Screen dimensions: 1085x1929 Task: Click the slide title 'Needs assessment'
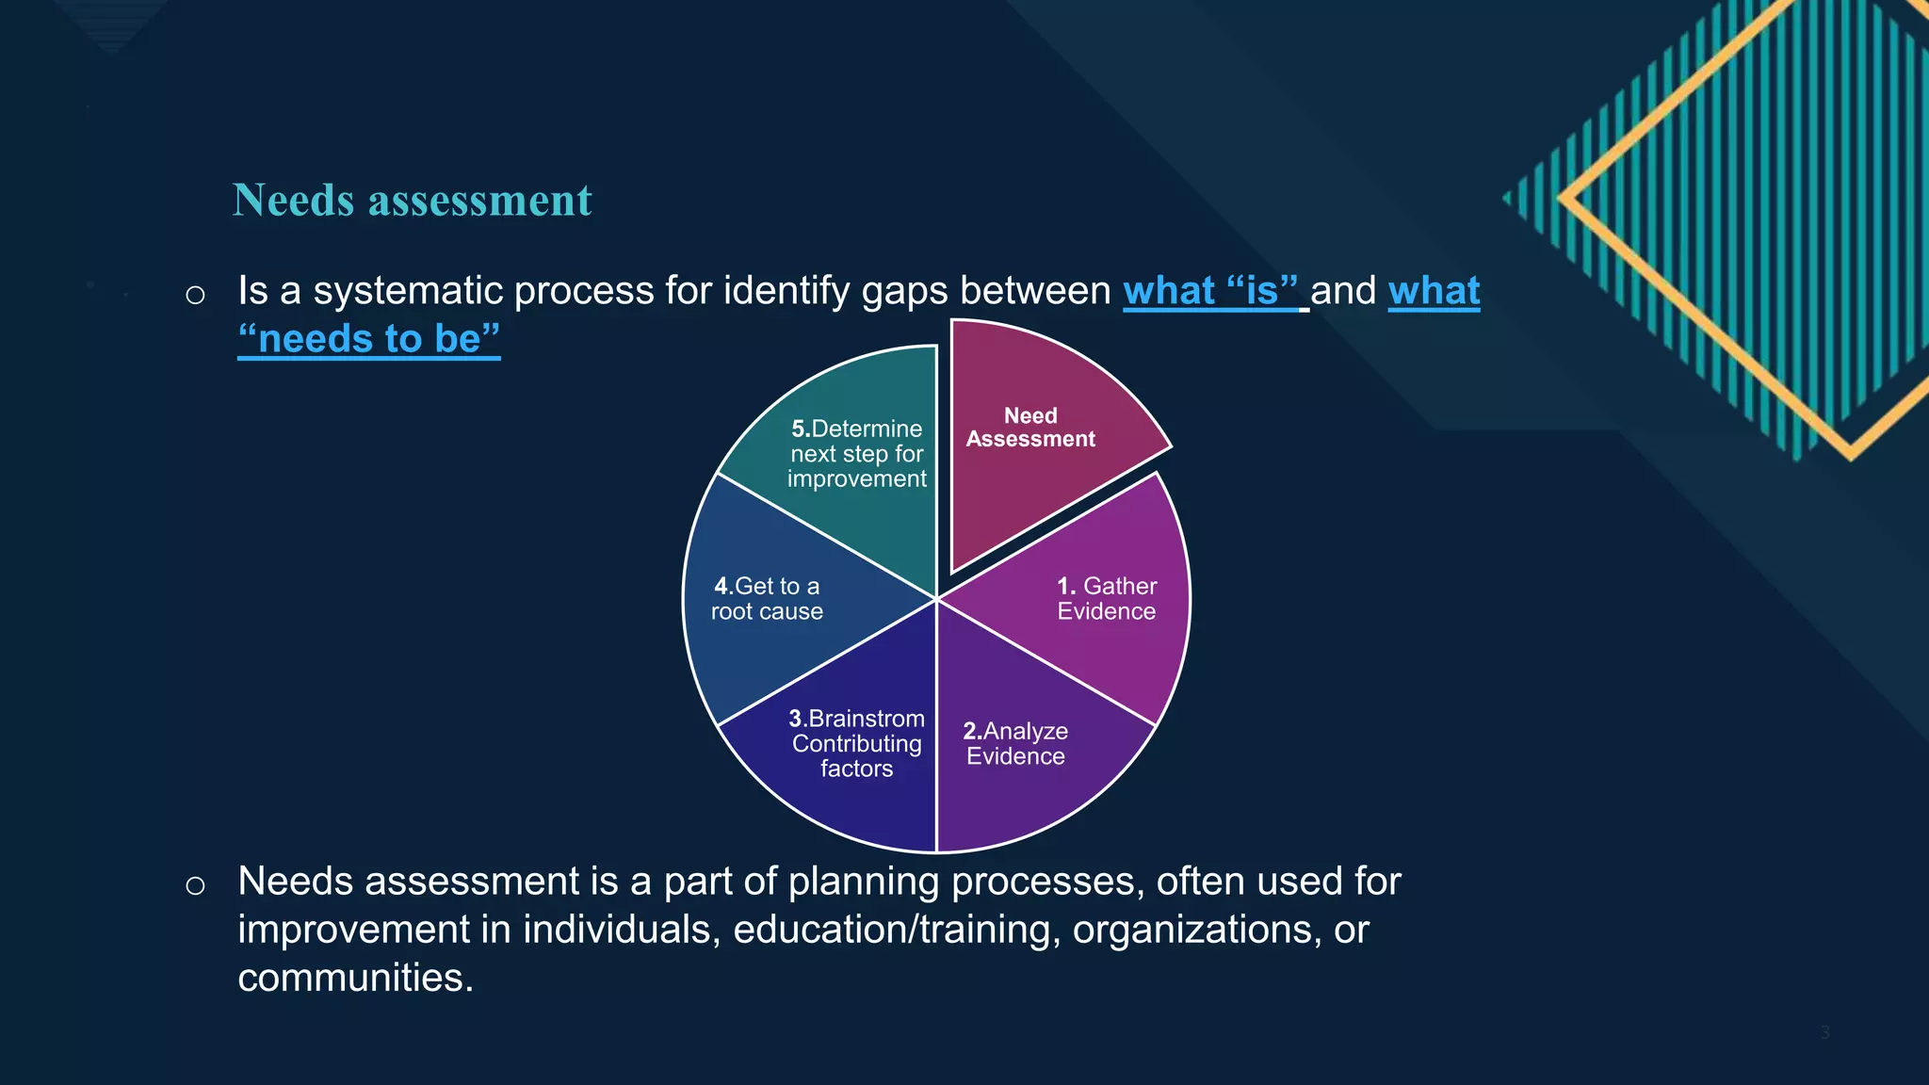pyautogui.click(x=412, y=200)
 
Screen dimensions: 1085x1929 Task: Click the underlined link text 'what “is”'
pyautogui.click(x=1210, y=291)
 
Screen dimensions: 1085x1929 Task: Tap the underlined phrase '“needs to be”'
pyautogui.click(x=369, y=339)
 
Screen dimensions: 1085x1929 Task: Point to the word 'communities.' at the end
pyautogui.click(x=355, y=978)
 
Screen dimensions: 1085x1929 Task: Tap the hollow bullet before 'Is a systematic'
pyautogui.click(x=195, y=296)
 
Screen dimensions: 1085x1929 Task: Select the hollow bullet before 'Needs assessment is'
pyautogui.click(x=195, y=886)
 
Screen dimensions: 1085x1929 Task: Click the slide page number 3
pyautogui.click(x=1824, y=1032)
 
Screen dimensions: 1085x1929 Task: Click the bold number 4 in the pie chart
pyautogui.click(x=721, y=587)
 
